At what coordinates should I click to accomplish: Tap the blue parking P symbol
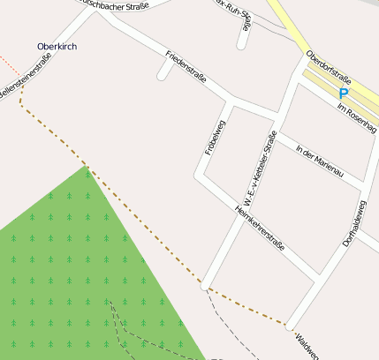point(344,92)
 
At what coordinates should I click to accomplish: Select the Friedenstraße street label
point(186,68)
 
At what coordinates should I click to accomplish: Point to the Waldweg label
point(307,345)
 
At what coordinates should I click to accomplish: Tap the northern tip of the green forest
point(87,168)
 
